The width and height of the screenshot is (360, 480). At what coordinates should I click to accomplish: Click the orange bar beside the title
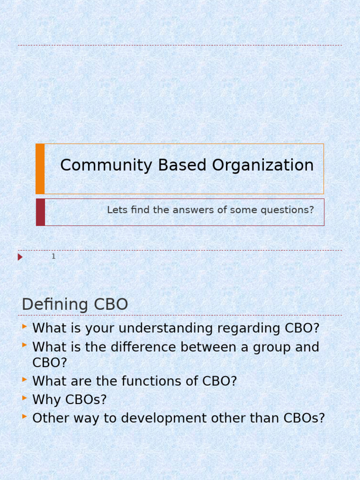point(40,169)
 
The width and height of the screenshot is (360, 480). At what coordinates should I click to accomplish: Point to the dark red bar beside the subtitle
point(40,212)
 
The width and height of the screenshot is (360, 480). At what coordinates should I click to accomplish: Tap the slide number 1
point(53,256)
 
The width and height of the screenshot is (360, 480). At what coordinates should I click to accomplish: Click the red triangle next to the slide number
point(20,257)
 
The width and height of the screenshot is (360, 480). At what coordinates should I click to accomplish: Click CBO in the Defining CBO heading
point(111,305)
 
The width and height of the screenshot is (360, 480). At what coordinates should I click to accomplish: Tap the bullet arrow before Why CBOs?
point(24,398)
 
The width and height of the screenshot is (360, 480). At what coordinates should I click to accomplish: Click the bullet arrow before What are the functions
point(24,380)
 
